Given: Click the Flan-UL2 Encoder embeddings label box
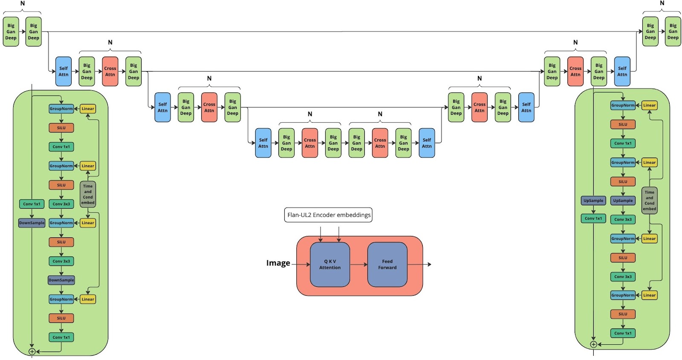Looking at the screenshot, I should [329, 215].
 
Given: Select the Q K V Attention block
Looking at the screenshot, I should [330, 264].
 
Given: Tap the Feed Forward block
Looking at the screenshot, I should [387, 264].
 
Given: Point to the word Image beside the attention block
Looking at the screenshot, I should [278, 263].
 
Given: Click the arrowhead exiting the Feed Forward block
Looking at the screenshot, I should [430, 264].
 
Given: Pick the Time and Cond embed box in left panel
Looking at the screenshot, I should [88, 194].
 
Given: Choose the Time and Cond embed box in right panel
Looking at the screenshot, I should [649, 200].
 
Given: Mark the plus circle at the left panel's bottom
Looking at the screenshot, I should [32, 351].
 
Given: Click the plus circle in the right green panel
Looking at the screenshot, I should [593, 344].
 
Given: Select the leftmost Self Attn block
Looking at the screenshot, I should [64, 71].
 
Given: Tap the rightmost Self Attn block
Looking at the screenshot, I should [622, 71].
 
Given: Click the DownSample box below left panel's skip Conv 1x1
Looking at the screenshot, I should [32, 223].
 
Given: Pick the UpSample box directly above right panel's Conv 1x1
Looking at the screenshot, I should [593, 200].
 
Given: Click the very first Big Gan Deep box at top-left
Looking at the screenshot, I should [11, 32].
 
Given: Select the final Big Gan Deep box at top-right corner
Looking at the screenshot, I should [673, 32].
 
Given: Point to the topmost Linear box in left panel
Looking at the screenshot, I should [88, 109].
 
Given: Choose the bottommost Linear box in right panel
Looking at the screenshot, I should [649, 295].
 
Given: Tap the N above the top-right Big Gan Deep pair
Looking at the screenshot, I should [662, 3].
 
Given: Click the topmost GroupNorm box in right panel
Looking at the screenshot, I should [623, 105].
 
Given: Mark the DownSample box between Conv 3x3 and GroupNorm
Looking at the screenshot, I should [61, 280].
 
